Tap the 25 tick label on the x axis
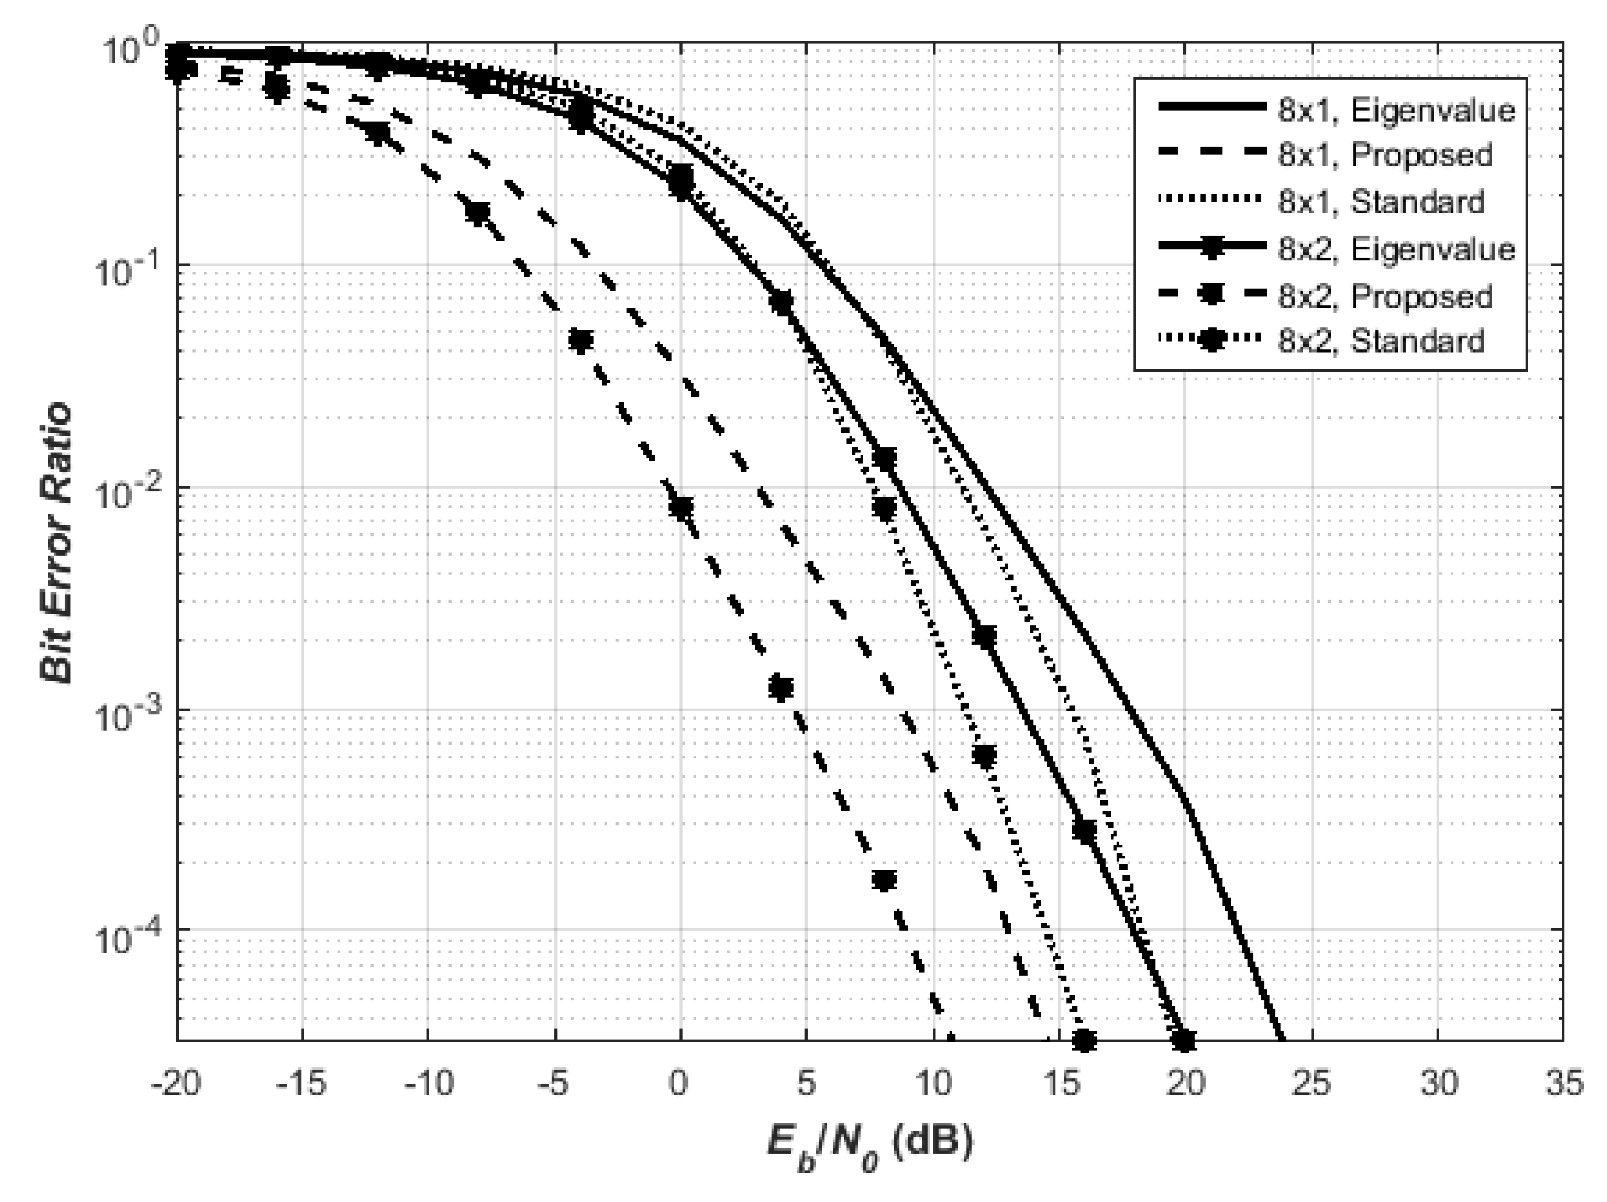pos(1312,1084)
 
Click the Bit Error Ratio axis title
pos(57,543)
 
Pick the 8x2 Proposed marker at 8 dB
pos(884,880)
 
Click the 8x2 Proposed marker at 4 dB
pos(782,687)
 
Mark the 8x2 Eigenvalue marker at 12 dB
pos(984,638)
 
